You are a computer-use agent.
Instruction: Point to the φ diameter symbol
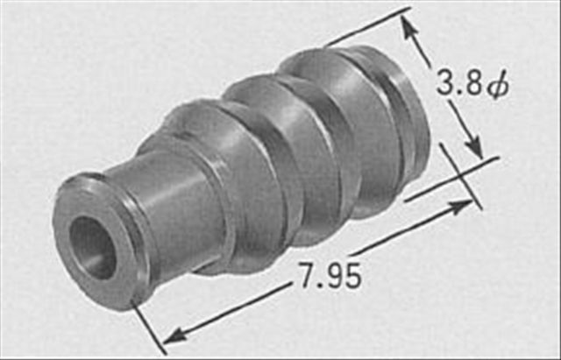tap(498, 87)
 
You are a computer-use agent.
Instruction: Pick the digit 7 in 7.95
tap(307, 275)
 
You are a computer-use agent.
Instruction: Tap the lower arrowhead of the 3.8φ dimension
tap(474, 146)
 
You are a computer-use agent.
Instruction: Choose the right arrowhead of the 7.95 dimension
tap(461, 207)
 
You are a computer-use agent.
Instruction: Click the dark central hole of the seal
tap(92, 247)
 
